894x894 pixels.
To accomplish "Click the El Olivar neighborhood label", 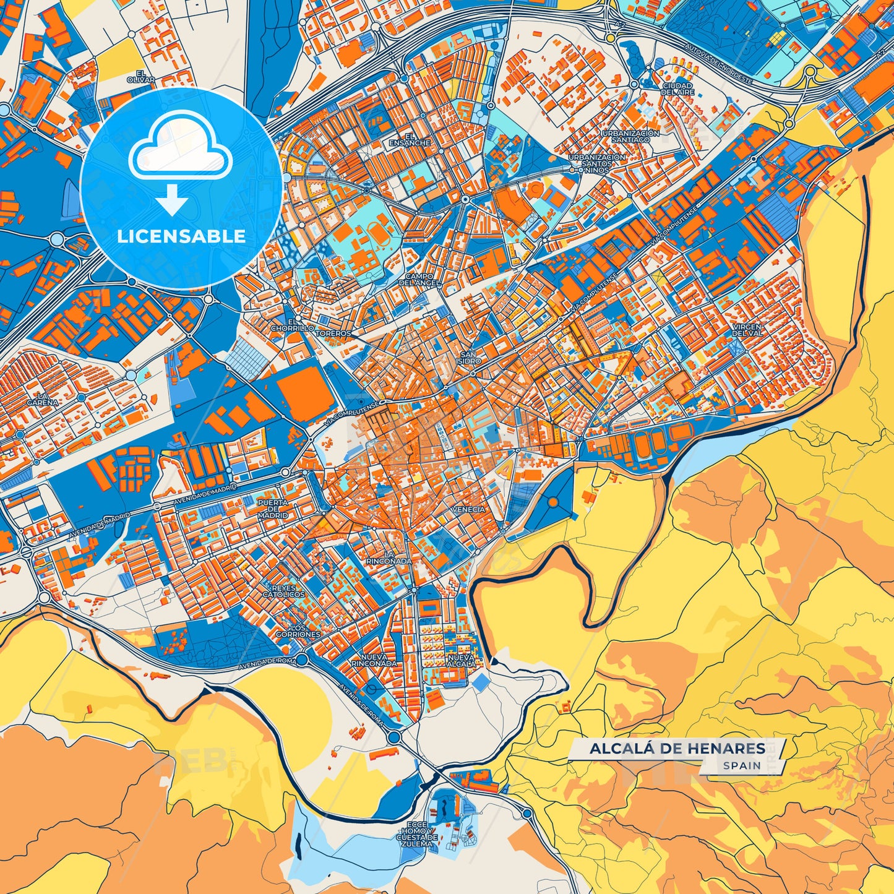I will click(x=141, y=77).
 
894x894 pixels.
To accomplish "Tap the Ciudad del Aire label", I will click(x=677, y=88).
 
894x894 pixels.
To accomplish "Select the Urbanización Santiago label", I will click(x=630, y=137).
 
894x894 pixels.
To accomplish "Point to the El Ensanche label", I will click(x=409, y=139).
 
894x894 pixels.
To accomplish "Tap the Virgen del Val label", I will click(x=747, y=330).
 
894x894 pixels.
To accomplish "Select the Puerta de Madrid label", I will click(x=273, y=509).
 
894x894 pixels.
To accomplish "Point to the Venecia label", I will click(x=468, y=509).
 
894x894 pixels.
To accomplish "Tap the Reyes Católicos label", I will click(x=283, y=591).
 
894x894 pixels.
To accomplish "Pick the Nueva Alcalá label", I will click(x=461, y=660).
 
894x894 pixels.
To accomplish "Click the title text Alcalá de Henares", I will click(x=677, y=749).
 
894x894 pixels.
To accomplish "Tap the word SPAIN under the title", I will click(x=742, y=765).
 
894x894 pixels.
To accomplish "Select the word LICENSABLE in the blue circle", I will click(x=181, y=236).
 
